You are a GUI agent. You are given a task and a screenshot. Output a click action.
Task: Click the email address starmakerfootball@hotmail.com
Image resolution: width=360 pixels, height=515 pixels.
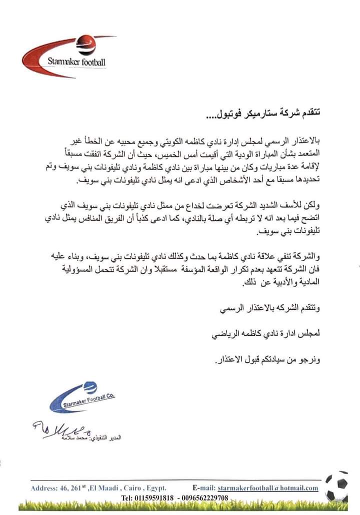268,488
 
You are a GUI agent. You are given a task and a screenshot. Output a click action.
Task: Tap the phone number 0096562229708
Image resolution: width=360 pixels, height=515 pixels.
204,498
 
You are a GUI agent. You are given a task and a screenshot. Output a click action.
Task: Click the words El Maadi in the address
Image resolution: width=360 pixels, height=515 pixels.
102,488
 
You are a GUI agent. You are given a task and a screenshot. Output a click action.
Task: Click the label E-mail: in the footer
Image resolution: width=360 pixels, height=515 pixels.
203,488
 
